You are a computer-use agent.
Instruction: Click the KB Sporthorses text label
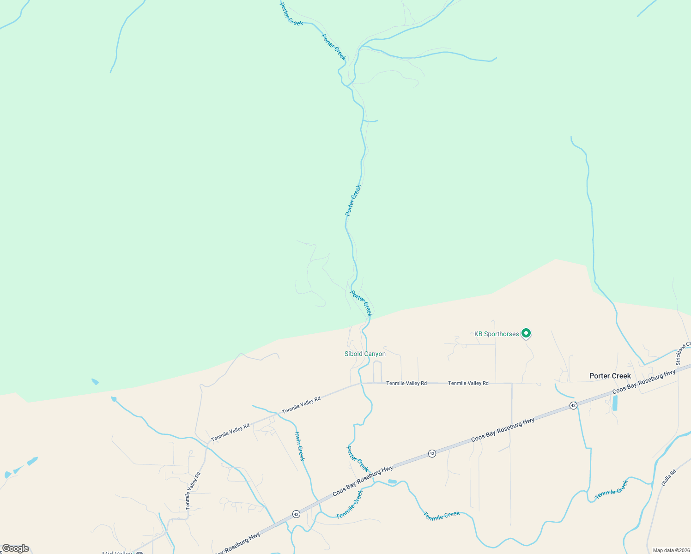point(497,334)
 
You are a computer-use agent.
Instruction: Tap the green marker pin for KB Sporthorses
point(526,333)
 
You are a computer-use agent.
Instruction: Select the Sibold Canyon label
point(365,354)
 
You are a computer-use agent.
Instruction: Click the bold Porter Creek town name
point(610,376)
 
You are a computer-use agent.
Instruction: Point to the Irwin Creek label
point(300,446)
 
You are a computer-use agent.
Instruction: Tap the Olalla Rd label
point(668,477)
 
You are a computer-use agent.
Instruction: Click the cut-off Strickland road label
point(684,353)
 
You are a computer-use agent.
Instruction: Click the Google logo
point(15,548)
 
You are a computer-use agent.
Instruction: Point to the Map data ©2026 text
point(671,550)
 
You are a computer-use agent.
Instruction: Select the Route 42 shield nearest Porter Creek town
point(573,405)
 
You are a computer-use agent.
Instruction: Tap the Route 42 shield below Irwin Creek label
point(296,514)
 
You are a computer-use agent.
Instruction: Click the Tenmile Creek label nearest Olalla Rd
point(611,489)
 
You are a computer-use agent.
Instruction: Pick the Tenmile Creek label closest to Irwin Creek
point(350,504)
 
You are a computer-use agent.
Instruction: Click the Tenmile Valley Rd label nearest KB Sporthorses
point(468,383)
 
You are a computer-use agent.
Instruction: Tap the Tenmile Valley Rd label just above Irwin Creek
point(301,405)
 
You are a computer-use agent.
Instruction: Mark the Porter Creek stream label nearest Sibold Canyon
point(361,303)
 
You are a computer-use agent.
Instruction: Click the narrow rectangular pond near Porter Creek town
point(615,403)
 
